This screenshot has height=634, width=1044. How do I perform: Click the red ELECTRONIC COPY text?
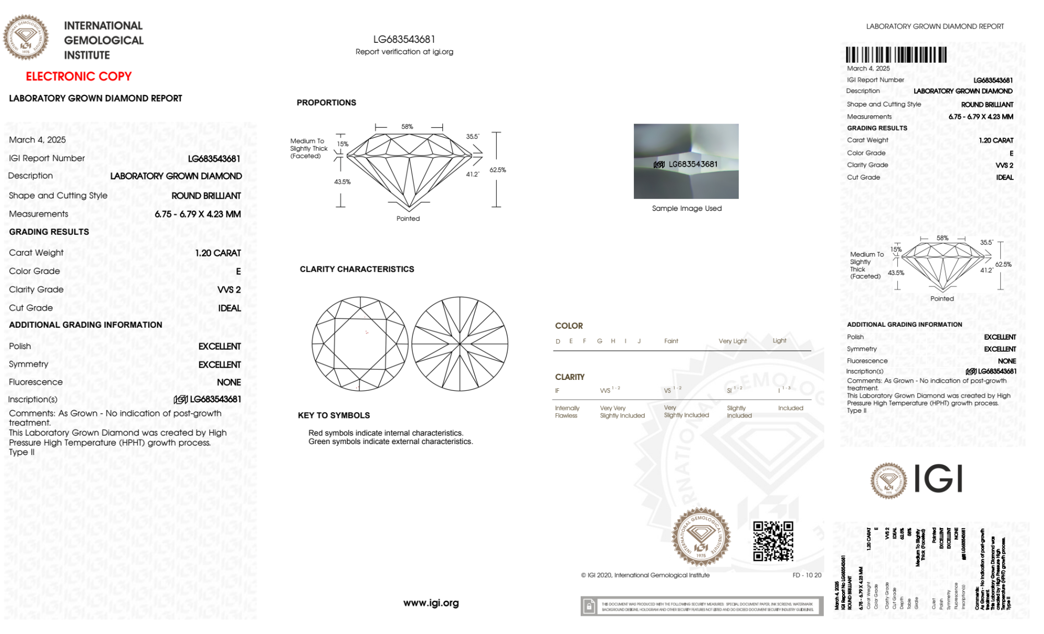coord(79,77)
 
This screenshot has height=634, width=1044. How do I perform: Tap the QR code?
coord(773,541)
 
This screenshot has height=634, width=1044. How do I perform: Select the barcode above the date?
coord(896,55)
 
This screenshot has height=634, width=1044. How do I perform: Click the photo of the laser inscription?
coord(686,161)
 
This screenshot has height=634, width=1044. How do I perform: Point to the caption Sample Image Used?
coord(687,208)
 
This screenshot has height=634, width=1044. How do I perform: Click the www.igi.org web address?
coord(431,603)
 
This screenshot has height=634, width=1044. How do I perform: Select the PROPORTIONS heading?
coord(326,103)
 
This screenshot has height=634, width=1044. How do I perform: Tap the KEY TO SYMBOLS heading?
coord(334,415)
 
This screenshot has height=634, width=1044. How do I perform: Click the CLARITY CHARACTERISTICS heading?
coord(357,269)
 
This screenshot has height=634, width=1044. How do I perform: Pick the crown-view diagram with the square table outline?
coord(360,344)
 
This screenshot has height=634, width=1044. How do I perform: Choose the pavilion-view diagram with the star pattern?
coord(460,344)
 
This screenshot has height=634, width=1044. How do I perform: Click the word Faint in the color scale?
coord(671,341)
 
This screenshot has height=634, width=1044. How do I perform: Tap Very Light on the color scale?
coord(733,341)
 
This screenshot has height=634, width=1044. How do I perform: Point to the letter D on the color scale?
coord(558,341)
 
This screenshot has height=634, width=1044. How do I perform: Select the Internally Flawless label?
coord(567,412)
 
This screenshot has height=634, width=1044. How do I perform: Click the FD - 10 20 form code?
coord(807,575)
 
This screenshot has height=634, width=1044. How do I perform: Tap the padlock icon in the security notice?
coord(589,606)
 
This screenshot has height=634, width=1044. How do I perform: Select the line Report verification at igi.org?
coord(404,52)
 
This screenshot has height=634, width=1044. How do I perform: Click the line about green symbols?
coord(390,441)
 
